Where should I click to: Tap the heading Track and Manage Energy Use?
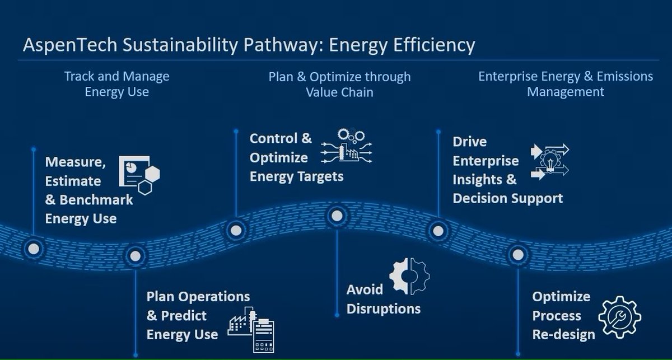click(116, 83)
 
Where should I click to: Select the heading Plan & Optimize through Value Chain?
click(339, 83)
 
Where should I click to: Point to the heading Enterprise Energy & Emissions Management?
click(566, 83)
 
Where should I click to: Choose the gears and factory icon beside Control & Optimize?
click(347, 147)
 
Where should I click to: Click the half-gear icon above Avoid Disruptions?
click(410, 276)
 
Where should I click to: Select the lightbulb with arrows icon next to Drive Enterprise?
click(549, 161)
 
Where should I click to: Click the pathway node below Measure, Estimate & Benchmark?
click(33, 248)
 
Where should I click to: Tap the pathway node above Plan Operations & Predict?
click(135, 256)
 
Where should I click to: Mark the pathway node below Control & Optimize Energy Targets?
click(236, 229)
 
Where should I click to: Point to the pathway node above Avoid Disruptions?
click(337, 215)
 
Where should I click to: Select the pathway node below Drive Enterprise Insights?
click(437, 229)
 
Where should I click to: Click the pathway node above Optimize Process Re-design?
click(518, 255)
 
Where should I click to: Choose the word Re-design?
click(563, 335)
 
